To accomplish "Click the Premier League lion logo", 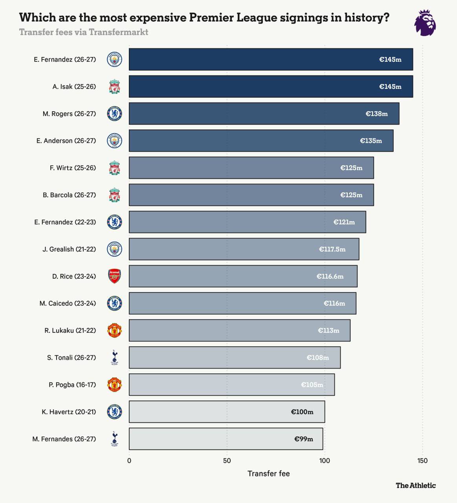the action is [x=425, y=23].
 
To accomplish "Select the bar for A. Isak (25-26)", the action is [x=271, y=86].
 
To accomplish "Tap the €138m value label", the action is [x=376, y=114].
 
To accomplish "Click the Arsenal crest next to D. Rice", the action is [x=114, y=276].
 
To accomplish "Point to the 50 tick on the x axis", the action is [x=227, y=461].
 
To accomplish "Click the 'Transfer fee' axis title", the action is [x=269, y=474].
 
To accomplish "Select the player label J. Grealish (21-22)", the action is [x=69, y=249].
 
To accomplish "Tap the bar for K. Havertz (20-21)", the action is [x=227, y=412].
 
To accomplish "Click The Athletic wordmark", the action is [x=416, y=485].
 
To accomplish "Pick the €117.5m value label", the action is [x=332, y=249].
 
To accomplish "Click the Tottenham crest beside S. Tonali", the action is [x=114, y=357].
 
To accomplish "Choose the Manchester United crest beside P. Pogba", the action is [x=114, y=385].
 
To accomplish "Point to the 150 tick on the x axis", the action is [x=422, y=461].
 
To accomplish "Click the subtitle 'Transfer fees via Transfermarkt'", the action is [x=84, y=32].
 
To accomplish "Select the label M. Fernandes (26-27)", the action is [x=64, y=439].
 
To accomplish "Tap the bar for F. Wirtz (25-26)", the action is [x=251, y=168].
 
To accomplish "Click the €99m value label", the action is [x=303, y=439].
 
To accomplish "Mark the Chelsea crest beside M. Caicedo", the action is [x=114, y=303].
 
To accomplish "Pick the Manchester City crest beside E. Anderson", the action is [x=114, y=141].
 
